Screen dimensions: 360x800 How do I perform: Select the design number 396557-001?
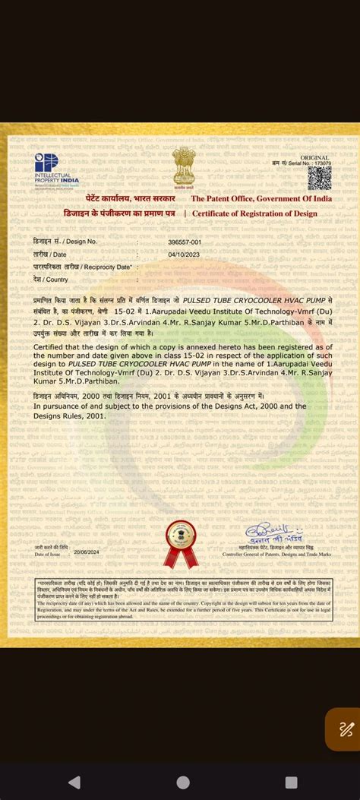[x=184, y=242]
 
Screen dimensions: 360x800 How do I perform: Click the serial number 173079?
[x=322, y=163]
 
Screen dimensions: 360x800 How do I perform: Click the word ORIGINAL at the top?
[x=315, y=157]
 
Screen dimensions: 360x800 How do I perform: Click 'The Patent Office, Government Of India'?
[x=261, y=199]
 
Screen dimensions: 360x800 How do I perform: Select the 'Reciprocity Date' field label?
[x=82, y=267]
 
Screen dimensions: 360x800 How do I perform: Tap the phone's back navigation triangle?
[x=74, y=782]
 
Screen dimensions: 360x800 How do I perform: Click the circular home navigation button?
[x=183, y=782]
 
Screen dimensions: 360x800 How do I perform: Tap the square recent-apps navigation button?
[x=291, y=782]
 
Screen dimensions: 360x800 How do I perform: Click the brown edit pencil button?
[x=346, y=729]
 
